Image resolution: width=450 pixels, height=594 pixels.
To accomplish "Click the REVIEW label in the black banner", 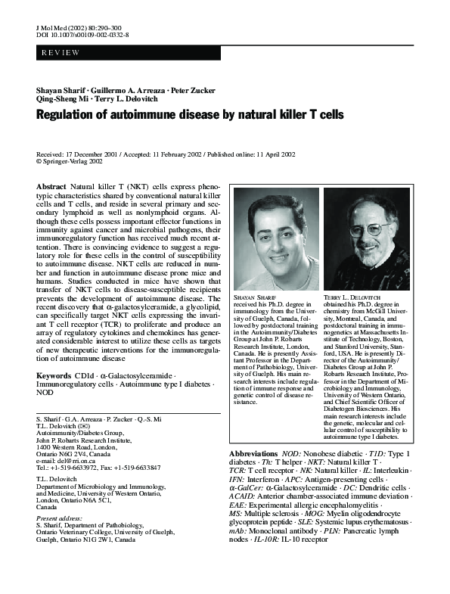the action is click(55, 53).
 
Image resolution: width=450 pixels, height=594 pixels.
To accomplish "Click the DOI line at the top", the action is click(82, 35).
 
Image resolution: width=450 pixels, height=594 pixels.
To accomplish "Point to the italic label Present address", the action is click(58, 518).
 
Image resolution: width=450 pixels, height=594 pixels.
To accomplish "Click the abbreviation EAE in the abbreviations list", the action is click(238, 502).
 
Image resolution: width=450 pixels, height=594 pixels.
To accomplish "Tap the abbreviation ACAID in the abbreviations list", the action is click(243, 493).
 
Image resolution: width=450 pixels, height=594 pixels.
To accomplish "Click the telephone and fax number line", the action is click(98, 468).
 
